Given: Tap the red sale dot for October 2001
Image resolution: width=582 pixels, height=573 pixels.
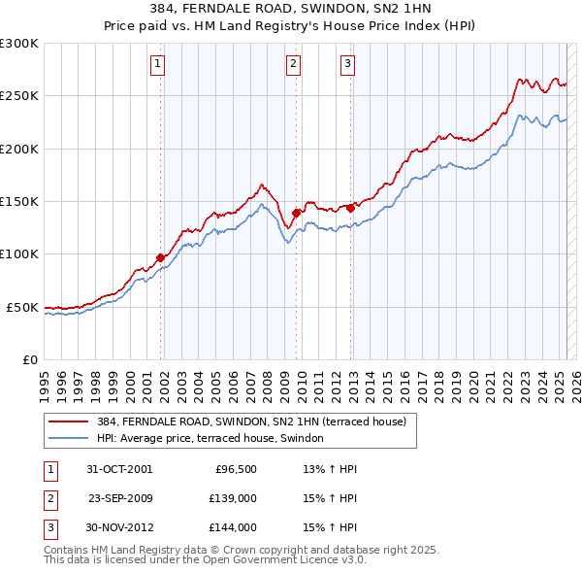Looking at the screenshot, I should pyautogui.click(x=160, y=257).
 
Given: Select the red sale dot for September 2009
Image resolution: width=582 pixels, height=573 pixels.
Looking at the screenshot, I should pyautogui.click(x=296, y=213).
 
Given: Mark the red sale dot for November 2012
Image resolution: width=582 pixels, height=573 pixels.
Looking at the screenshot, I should pyautogui.click(x=350, y=207).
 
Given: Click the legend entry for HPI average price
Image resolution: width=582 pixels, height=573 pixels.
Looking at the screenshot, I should pyautogui.click(x=215, y=439).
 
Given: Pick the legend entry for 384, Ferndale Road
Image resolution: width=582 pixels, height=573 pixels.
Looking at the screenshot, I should pyautogui.click(x=257, y=421).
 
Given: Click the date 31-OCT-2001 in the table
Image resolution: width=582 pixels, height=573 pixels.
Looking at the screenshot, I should pyautogui.click(x=119, y=469).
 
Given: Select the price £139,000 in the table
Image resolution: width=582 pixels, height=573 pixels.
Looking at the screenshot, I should pyautogui.click(x=234, y=498).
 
